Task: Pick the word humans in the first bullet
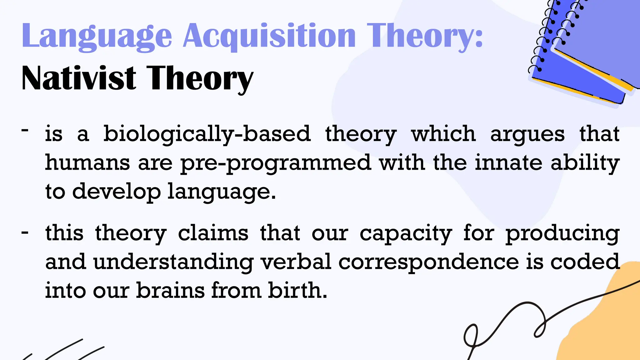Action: (x=87, y=163)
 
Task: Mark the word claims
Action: (x=213, y=233)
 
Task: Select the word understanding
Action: (x=173, y=262)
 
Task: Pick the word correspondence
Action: (x=428, y=262)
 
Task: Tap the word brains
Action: (x=170, y=290)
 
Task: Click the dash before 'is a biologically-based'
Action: (x=25, y=130)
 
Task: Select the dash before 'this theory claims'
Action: (x=25, y=232)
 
